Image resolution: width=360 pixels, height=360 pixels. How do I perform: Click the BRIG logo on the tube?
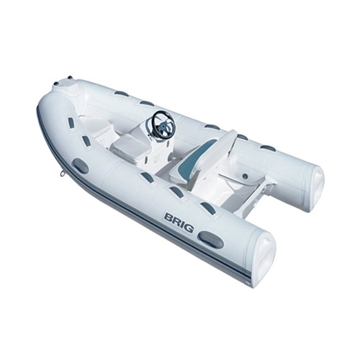179,222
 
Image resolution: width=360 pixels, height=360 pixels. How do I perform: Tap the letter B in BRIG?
168,217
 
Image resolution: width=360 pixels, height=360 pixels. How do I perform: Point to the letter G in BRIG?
189,228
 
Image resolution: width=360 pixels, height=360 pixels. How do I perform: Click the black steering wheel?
163,122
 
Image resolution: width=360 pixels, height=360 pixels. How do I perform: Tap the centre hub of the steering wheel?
163,125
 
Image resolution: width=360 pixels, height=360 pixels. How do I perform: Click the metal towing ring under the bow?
63,172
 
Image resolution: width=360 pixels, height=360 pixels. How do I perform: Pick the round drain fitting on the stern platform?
246,177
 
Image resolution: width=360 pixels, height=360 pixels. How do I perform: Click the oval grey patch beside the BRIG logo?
212,240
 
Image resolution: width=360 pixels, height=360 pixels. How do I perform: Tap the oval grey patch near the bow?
81,166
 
